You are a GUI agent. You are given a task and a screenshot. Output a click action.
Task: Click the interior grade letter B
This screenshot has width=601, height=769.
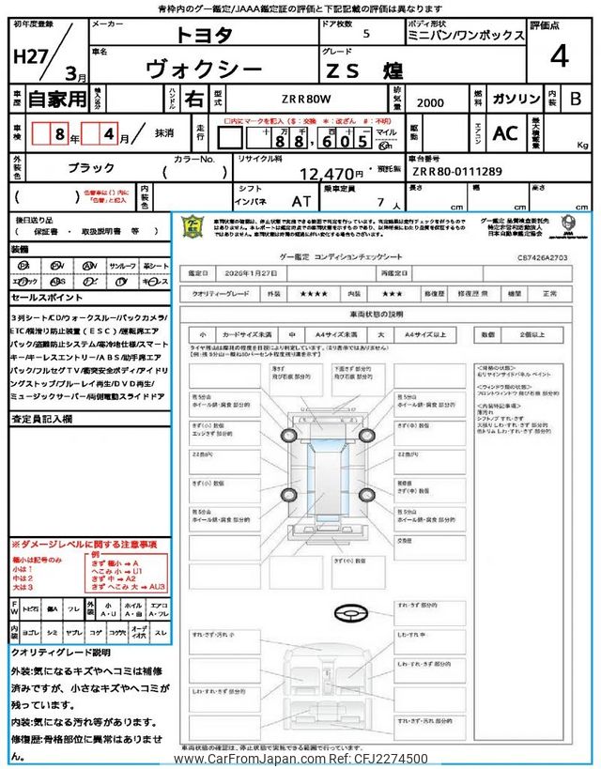click(x=576, y=99)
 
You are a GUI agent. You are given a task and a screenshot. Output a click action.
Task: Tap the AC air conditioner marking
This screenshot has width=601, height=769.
click(x=505, y=133)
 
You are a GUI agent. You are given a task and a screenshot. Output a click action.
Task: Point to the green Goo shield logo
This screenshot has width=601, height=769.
click(x=191, y=228)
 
